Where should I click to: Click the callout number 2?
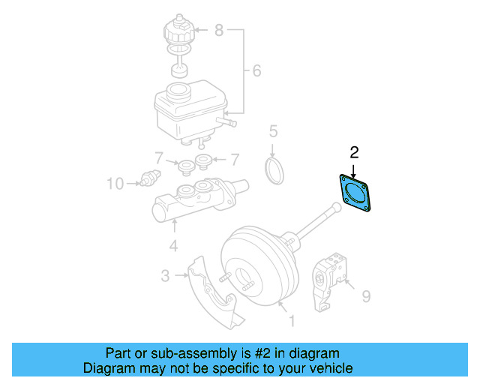pyautogui.click(x=355, y=153)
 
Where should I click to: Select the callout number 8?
pyautogui.click(x=219, y=31)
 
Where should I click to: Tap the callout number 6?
pyautogui.click(x=256, y=71)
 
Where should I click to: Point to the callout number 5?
pyautogui.click(x=274, y=132)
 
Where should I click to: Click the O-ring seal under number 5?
pyautogui.click(x=275, y=169)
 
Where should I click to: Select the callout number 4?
pyautogui.click(x=172, y=245)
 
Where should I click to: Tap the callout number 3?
pyautogui.click(x=165, y=276)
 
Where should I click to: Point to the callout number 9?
pyautogui.click(x=365, y=297)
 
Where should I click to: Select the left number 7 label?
pyautogui.click(x=158, y=159)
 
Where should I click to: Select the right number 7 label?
pyautogui.click(x=234, y=159)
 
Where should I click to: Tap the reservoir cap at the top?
pyautogui.click(x=178, y=30)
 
